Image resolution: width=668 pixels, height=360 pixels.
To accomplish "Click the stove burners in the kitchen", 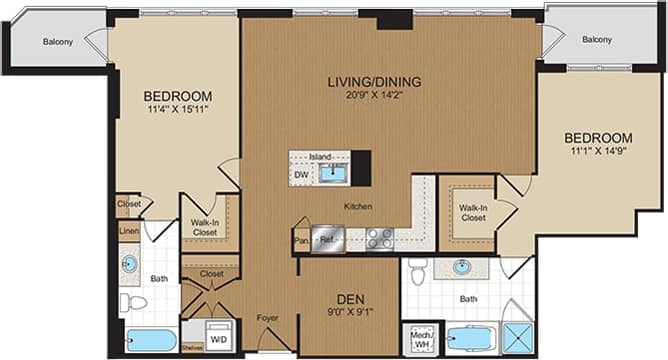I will coord(379,239).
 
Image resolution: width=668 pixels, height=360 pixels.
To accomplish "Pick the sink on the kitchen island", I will coord(332,174).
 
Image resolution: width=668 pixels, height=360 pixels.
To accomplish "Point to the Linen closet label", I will coord(127,232).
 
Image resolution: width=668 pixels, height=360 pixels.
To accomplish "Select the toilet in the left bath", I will coord(133,301).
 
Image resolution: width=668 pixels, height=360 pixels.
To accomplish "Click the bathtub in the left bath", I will coord(150,340).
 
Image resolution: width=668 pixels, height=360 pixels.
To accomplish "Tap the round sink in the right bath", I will coord(462,267).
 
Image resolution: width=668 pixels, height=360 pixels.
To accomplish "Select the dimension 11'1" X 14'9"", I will coord(598,152).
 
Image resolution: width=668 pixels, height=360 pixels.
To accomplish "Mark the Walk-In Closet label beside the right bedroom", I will coord(473,212).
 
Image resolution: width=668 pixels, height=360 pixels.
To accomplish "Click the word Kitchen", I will coord(358,206).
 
